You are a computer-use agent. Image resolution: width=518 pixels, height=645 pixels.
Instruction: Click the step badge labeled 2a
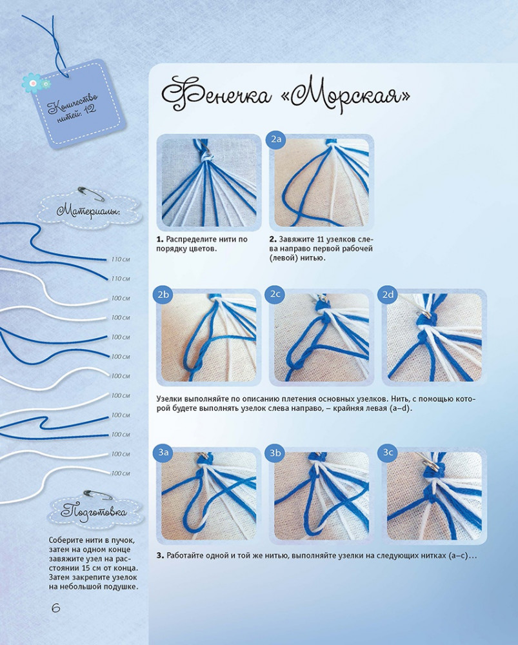[276, 139]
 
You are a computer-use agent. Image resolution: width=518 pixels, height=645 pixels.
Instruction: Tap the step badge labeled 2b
[163, 295]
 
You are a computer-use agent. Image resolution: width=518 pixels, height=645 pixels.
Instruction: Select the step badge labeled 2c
[275, 295]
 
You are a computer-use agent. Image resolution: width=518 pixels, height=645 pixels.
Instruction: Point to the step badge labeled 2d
[388, 295]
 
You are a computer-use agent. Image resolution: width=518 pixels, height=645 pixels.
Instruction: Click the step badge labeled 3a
[163, 453]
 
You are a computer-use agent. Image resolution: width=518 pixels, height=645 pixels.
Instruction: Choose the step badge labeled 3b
[275, 453]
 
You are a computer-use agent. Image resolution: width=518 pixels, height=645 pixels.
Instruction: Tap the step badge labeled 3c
[388, 453]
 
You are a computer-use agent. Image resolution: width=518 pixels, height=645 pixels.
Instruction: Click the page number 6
[55, 608]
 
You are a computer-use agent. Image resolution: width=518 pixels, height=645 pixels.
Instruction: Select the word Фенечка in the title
[216, 95]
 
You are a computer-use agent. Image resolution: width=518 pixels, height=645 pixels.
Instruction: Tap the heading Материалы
[88, 212]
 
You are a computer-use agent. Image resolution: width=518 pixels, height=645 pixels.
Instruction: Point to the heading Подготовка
[94, 512]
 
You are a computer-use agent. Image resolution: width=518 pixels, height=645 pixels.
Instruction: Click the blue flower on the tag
[32, 83]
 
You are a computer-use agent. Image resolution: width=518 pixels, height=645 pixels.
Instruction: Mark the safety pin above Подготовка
[97, 495]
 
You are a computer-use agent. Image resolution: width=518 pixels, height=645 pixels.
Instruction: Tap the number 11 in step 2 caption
[321, 239]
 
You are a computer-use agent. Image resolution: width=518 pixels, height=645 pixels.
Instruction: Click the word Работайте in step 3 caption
[184, 556]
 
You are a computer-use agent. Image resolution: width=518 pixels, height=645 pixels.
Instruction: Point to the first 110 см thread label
[121, 259]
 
